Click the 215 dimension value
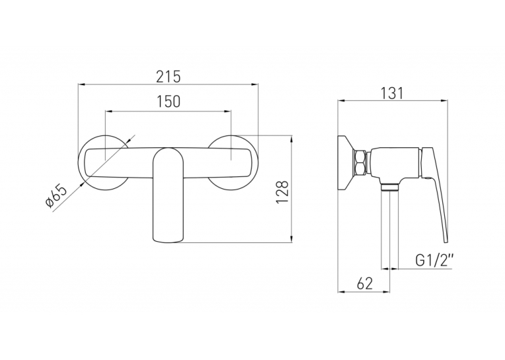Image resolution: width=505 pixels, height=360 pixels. [x=168, y=77]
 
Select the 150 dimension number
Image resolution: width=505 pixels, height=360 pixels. [x=169, y=101]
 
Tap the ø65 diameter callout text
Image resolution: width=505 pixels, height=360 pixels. [x=56, y=197]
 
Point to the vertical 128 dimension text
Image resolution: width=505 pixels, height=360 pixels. [x=282, y=192]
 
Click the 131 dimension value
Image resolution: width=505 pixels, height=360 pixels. [x=392, y=93]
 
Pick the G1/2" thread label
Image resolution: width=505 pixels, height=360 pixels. [x=434, y=260]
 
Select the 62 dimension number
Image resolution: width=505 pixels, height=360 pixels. [x=364, y=283]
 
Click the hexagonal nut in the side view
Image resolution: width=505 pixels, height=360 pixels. [x=360, y=162]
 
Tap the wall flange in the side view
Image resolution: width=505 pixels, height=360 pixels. [x=345, y=163]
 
